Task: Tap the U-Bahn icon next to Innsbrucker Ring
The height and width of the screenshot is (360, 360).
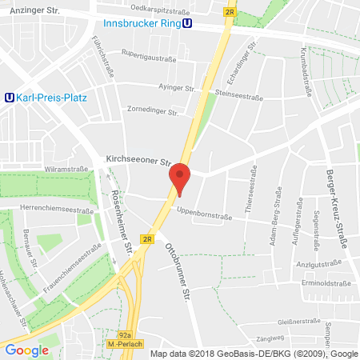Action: pyautogui.click(x=186, y=22)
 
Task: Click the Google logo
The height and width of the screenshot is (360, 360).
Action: pyautogui.click(x=27, y=350)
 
